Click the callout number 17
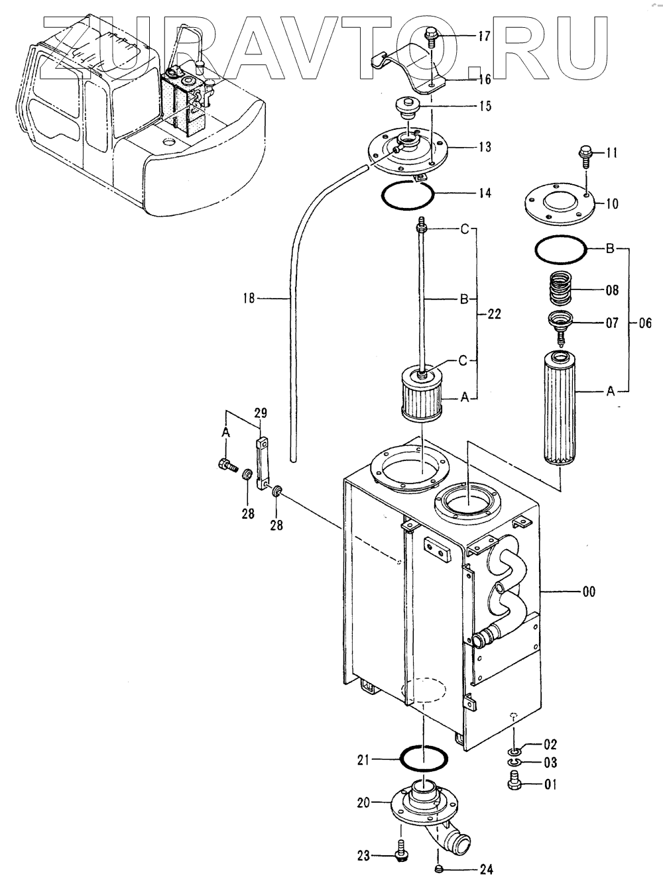pos(484,36)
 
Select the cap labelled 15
pos(408,108)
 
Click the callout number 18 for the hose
pos(249,298)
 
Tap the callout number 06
pos(645,323)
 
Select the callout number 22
pos(494,313)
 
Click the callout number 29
pos(260,413)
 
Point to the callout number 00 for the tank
pos(589,592)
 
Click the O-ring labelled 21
pos(423,759)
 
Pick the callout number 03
pos(550,762)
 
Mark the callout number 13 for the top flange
pos(485,147)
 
